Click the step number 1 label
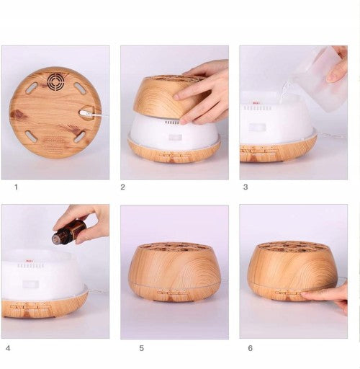(x=16, y=187)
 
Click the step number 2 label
(x=122, y=187)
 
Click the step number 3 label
(x=246, y=187)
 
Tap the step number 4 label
(x=8, y=348)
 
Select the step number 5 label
(x=142, y=348)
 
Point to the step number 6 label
(x=251, y=348)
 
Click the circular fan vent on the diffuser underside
(x=58, y=82)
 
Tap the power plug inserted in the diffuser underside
(x=87, y=113)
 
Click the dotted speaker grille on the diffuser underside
(x=55, y=145)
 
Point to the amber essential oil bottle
(x=69, y=231)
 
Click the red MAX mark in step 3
(x=256, y=103)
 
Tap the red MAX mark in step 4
(x=30, y=260)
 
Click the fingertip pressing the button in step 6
(x=305, y=294)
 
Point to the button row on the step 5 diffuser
(x=173, y=292)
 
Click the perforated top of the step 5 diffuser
(x=174, y=247)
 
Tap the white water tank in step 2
(x=174, y=131)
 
